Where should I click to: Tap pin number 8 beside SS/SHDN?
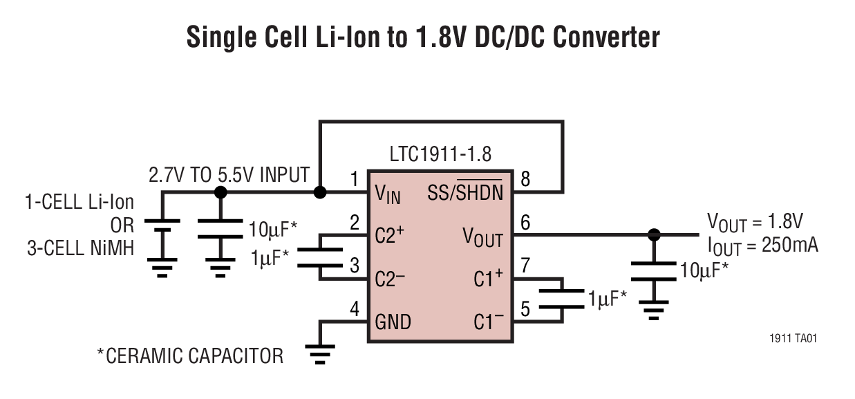tap(526, 180)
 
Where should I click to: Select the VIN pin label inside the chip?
tap(388, 194)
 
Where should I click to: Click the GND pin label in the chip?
tap(393, 322)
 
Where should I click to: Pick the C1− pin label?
tap(489, 322)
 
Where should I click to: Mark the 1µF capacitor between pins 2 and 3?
tap(320, 257)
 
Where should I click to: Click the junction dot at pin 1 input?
tap(320, 192)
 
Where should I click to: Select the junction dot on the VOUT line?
tap(653, 234)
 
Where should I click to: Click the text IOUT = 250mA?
tap(762, 245)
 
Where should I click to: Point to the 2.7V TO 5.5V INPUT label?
tap(229, 175)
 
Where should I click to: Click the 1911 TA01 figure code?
tap(794, 339)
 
